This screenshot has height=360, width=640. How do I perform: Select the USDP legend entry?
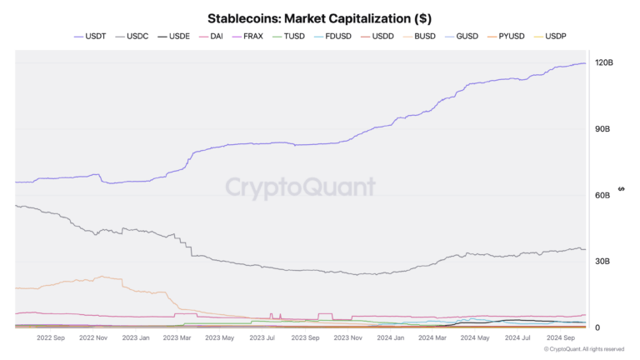[555, 37]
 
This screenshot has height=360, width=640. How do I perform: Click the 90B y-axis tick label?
[602, 129]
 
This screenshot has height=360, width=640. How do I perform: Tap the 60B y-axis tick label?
[602, 195]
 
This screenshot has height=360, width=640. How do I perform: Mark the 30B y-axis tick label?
[602, 261]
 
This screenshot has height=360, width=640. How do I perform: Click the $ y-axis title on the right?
[621, 188]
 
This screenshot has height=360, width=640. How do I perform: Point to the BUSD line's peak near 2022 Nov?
[100, 276]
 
